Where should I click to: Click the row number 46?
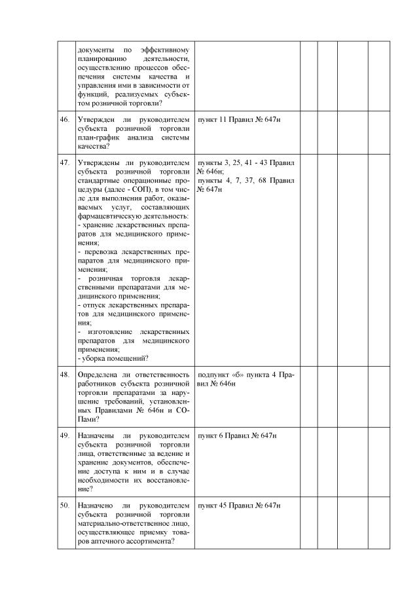(x=65, y=120)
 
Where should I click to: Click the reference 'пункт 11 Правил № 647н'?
(x=238, y=120)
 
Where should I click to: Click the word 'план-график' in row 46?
(x=97, y=138)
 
